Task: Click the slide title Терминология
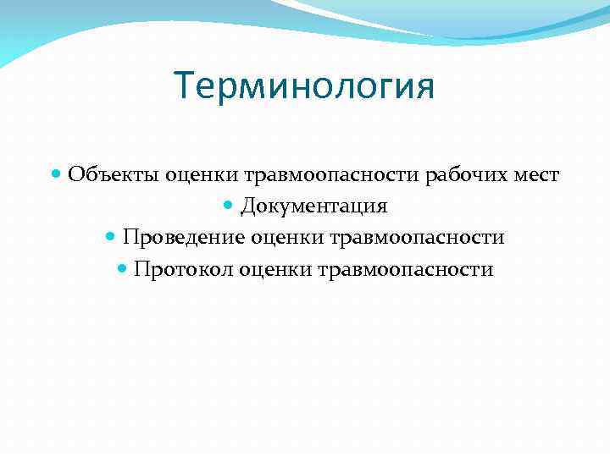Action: pos(304,87)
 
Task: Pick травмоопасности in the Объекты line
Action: pos(332,174)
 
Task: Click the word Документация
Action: pos(313,206)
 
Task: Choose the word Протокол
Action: pos(181,270)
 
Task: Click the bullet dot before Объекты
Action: pos(56,174)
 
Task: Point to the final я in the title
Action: pos(423,88)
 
